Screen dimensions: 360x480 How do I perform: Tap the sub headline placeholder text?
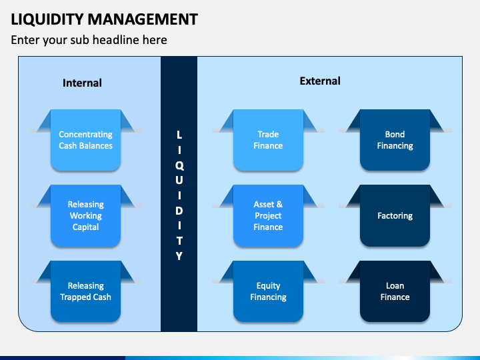coord(89,40)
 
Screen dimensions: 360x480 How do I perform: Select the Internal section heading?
coord(82,83)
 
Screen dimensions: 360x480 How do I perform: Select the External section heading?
coord(320,81)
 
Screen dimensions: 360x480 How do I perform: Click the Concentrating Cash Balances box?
coord(85,140)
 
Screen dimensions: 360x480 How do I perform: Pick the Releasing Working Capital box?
coord(85,216)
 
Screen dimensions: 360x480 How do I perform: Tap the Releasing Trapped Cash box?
coord(85,291)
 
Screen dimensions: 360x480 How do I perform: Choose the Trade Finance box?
coord(268,140)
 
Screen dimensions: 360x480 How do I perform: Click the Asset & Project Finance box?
coord(268,216)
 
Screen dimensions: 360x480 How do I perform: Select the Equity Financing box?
coord(268,291)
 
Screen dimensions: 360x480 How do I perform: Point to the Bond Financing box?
coord(395,140)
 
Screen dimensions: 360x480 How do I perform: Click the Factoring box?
coord(395,216)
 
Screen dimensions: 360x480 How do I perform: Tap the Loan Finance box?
coord(395,291)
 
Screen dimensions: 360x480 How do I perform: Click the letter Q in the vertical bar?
coord(179,165)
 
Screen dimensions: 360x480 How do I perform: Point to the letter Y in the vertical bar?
coord(179,256)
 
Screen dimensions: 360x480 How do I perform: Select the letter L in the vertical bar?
coord(179,135)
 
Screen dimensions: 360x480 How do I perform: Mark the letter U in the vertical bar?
coord(179,180)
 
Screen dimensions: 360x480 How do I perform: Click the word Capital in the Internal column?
coord(85,227)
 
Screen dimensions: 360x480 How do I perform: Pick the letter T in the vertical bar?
coord(179,241)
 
